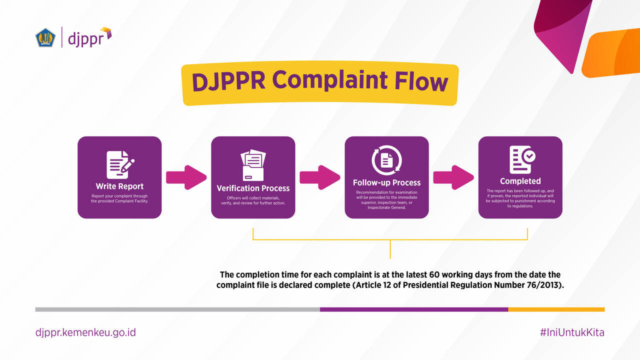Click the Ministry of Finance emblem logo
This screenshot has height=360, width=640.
click(x=45, y=37)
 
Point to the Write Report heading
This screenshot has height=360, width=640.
click(x=119, y=186)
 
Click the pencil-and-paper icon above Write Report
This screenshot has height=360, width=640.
click(x=120, y=164)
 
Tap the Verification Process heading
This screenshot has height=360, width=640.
click(x=253, y=188)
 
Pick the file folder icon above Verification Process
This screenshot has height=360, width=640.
click(x=253, y=165)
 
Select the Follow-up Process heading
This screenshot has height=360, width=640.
click(x=386, y=182)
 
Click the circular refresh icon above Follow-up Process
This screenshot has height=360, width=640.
click(x=386, y=160)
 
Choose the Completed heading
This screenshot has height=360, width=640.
click(x=520, y=181)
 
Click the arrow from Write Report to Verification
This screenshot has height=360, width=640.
click(x=186, y=177)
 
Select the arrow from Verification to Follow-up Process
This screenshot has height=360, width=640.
click(x=320, y=177)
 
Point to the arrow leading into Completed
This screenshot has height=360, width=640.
click(x=453, y=177)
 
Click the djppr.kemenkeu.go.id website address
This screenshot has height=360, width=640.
click(x=85, y=332)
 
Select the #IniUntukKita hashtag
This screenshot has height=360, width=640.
click(x=572, y=332)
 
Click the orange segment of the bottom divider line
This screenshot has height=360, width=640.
click(x=556, y=309)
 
